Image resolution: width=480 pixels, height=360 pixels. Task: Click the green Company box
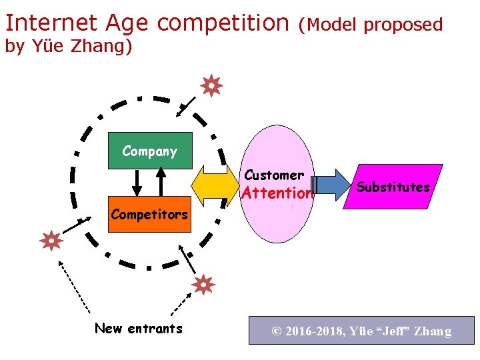click(149, 151)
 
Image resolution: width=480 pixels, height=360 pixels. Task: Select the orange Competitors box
click(149, 215)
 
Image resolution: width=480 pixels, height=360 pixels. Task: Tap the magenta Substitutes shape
click(393, 187)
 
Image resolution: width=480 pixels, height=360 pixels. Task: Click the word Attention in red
click(276, 194)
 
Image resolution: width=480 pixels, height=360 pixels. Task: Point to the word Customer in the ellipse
click(274, 175)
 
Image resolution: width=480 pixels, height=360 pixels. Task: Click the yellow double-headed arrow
click(215, 186)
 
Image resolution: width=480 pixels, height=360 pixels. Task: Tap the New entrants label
click(138, 328)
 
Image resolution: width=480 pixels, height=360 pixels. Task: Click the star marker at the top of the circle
click(211, 86)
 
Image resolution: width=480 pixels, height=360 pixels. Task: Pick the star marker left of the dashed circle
click(51, 240)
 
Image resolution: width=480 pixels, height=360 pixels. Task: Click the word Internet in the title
click(49, 23)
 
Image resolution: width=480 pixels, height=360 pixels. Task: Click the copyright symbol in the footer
click(276, 331)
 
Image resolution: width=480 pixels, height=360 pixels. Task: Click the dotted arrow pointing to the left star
click(73, 287)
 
